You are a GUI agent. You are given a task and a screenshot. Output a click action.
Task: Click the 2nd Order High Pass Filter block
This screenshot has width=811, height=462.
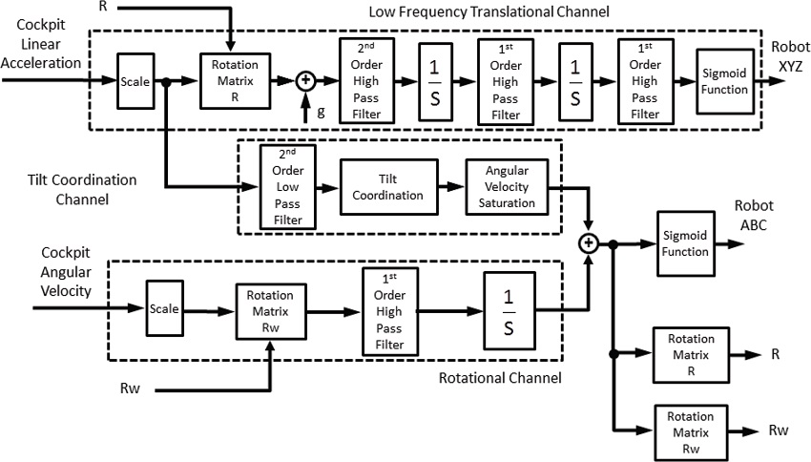pyautogui.click(x=366, y=80)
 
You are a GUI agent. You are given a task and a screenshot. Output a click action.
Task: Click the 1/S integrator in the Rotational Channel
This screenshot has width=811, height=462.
pyautogui.click(x=509, y=308)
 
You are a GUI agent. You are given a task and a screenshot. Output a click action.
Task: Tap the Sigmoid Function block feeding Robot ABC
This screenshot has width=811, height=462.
pyautogui.click(x=684, y=244)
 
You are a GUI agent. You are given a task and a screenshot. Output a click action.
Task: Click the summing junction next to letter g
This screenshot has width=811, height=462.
pyautogui.click(x=306, y=82)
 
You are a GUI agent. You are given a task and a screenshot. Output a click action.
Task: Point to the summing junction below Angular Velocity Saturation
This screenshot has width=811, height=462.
pyautogui.click(x=589, y=243)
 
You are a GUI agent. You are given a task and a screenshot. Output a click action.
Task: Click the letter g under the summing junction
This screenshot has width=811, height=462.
pyautogui.click(x=321, y=113)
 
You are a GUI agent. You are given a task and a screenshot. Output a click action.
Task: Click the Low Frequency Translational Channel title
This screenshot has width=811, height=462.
pyautogui.click(x=489, y=11)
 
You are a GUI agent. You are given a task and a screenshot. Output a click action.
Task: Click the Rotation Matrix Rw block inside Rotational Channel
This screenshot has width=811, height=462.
pyautogui.click(x=270, y=309)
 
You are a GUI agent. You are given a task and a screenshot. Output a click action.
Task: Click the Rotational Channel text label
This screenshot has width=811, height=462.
pyautogui.click(x=499, y=378)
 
